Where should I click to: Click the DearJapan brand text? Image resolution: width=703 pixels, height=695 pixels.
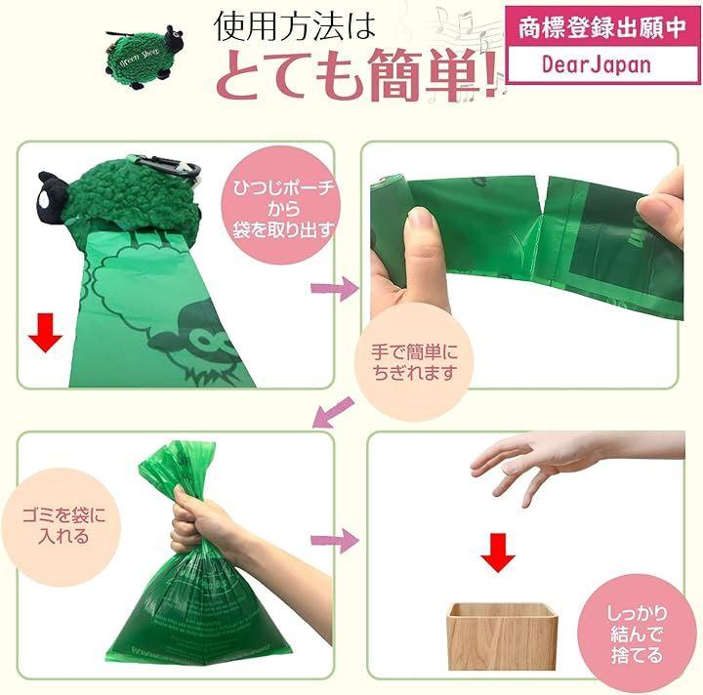596,64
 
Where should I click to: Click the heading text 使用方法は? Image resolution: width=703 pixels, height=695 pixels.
294,26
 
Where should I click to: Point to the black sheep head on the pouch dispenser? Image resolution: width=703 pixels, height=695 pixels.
53,197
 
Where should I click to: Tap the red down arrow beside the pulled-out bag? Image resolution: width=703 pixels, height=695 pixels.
45,332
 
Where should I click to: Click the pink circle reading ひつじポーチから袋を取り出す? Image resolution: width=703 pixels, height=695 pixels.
283,205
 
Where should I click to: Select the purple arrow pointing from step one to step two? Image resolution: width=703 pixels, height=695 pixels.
335,289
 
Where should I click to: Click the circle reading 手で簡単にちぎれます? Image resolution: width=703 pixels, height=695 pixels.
414,362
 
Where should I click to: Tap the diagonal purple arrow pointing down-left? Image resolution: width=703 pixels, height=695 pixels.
333,412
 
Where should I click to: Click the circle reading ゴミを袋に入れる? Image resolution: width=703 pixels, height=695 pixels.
62,527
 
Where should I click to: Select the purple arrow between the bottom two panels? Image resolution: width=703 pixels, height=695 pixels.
335,541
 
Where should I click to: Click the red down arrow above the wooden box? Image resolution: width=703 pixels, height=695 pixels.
498,552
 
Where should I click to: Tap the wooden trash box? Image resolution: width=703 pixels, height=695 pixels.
502,635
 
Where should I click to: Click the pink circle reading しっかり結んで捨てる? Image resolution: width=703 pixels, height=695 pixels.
637,634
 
